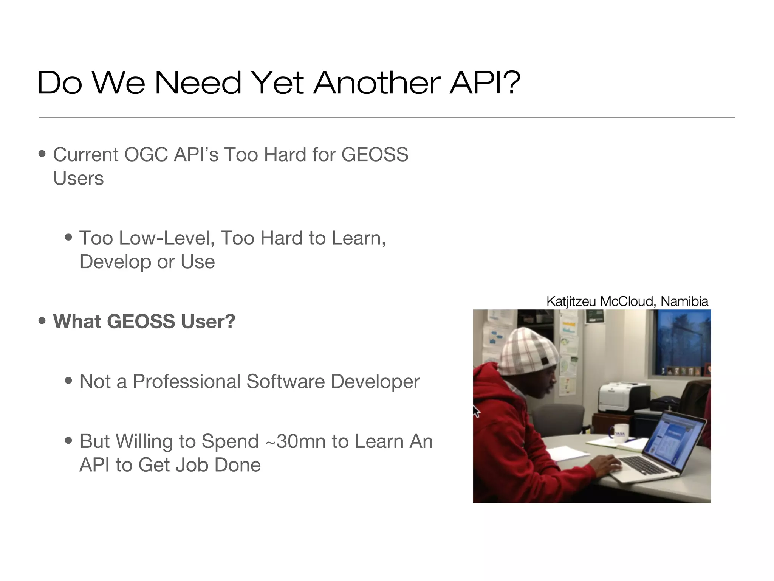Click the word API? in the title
point(485,82)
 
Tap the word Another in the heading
point(377,82)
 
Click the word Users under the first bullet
point(78,178)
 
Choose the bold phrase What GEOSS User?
point(144,322)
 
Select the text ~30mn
point(296,441)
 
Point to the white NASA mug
point(618,434)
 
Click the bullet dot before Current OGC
point(42,154)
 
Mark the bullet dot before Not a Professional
point(69,381)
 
